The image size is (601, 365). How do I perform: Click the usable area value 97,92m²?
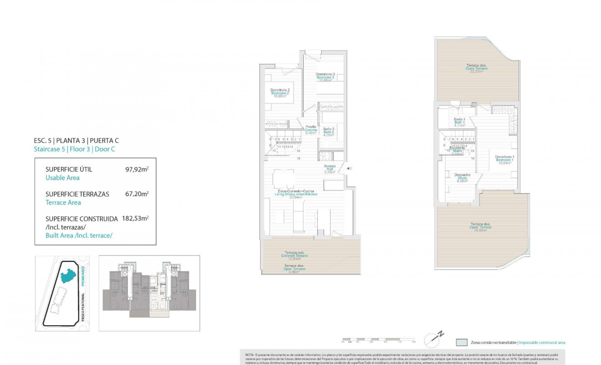coord(137,169)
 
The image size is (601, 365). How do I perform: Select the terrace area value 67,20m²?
coord(137,194)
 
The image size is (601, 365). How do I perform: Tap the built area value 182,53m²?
coord(135,219)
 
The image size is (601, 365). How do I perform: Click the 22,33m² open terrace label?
coord(476,68)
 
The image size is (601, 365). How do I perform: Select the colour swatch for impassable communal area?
coord(462,342)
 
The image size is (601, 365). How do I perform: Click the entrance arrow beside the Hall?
coord(348,169)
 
